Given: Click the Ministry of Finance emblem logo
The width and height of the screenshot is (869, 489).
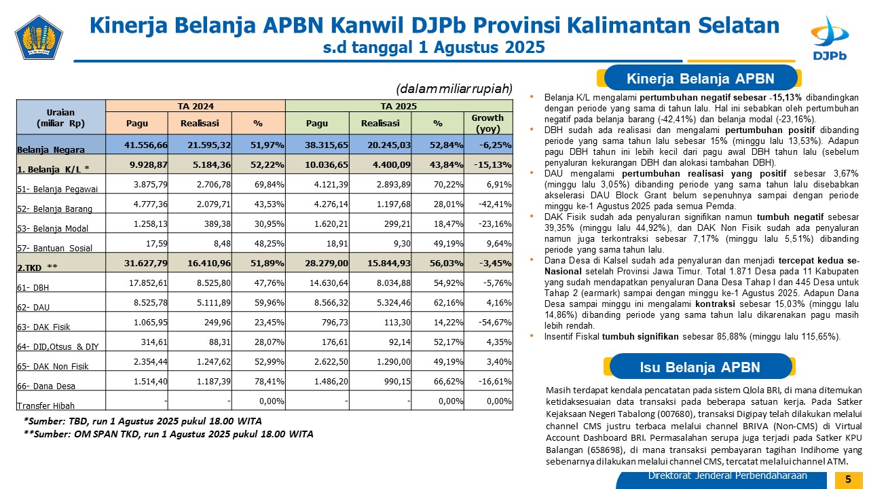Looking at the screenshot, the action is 39,37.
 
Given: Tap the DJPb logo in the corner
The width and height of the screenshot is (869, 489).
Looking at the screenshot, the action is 830,39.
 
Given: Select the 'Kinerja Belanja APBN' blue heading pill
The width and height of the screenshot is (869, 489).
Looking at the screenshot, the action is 700,78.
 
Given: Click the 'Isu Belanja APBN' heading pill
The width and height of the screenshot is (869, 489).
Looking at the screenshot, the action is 700,367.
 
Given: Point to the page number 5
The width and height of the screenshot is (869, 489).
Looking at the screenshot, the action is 848,479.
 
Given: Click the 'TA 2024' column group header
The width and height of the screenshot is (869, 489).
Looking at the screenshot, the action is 196,106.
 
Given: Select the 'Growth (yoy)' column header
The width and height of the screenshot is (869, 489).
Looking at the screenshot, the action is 487,123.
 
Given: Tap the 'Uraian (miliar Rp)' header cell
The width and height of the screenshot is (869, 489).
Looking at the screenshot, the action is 60,117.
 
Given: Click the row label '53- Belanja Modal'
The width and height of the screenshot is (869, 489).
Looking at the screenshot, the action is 52,228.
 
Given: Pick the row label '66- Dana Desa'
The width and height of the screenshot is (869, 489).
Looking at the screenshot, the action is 45,386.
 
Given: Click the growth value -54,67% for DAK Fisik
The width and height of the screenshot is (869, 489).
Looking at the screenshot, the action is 495,322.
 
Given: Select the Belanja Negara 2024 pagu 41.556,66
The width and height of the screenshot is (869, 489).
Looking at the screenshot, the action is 146,145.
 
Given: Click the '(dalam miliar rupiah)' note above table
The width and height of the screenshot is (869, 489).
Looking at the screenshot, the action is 454,89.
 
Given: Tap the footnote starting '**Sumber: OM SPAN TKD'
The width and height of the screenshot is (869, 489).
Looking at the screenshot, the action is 168,434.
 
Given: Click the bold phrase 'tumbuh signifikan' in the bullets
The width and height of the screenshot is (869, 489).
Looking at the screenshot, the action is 640,336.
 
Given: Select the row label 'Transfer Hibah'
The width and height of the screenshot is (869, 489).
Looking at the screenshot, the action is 45,405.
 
